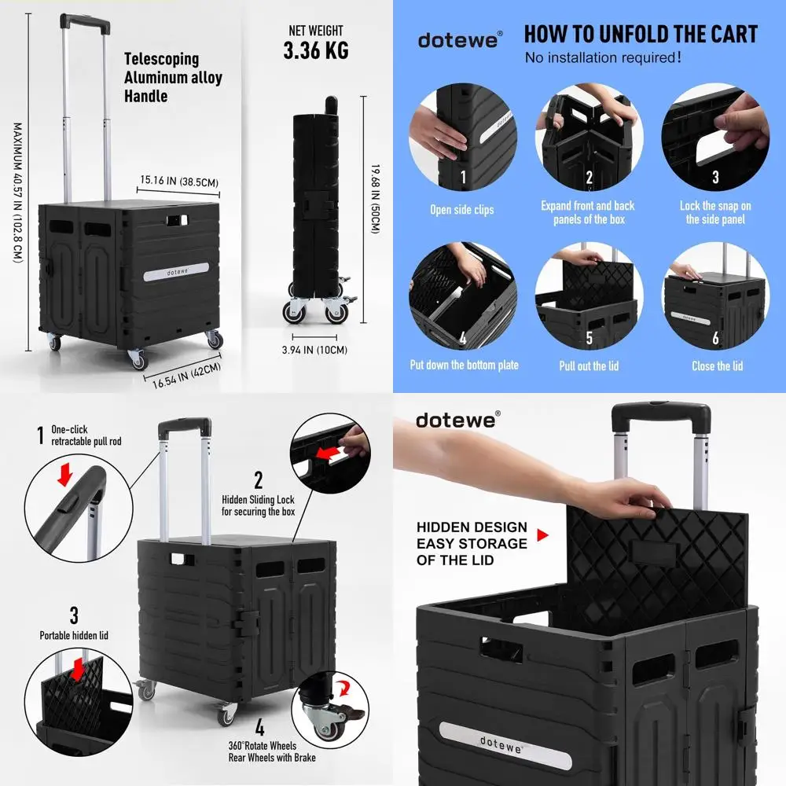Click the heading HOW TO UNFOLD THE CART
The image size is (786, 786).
(x=641, y=35)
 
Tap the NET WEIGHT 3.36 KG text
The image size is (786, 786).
(x=315, y=42)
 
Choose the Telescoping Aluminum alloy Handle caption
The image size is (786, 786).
(x=173, y=77)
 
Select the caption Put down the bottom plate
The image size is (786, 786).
(x=464, y=365)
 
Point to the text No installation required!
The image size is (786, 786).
(x=603, y=58)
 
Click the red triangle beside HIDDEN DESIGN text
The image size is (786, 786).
(x=542, y=534)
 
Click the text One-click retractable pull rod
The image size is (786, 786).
(x=86, y=435)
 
